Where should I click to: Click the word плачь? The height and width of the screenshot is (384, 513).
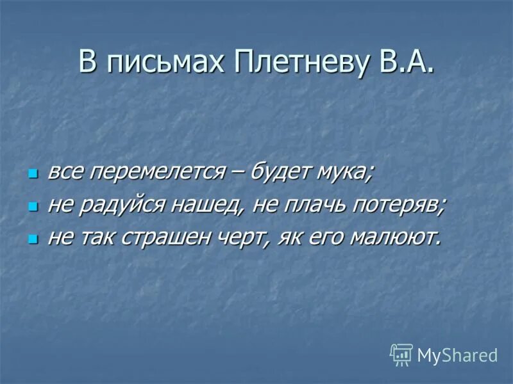(319, 205)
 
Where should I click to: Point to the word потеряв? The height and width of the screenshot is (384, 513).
(402, 205)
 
